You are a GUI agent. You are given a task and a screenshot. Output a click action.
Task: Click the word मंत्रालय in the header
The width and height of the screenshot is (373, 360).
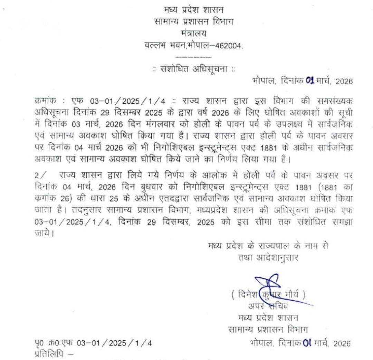(193, 34)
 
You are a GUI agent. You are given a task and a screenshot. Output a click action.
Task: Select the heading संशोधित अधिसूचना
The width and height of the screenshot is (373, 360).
(193, 68)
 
